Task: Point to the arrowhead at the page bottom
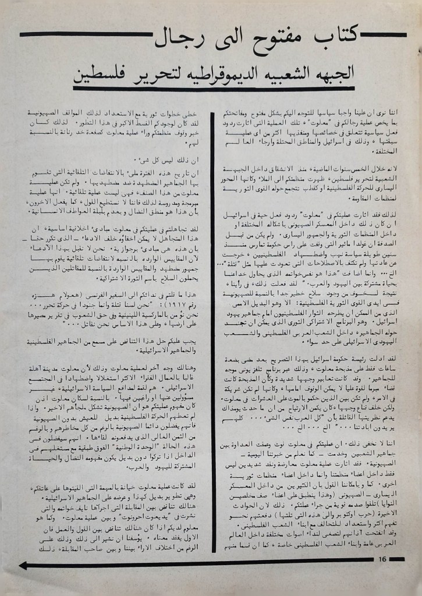(x=24, y=565)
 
